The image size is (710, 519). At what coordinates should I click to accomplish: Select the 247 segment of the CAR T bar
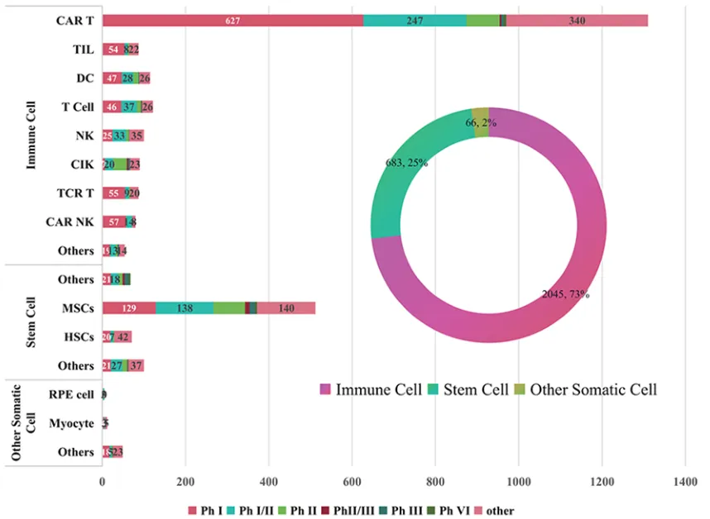tap(415, 21)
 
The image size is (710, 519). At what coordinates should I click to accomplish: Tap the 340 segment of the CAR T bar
tap(577, 21)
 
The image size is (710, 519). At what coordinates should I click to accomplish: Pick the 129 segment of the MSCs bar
tap(129, 308)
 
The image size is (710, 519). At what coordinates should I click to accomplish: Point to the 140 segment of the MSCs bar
tap(286, 308)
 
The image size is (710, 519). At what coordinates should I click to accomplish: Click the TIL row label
tap(83, 50)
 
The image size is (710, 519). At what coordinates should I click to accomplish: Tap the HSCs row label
tap(80, 337)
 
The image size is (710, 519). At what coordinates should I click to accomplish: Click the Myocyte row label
tap(71, 423)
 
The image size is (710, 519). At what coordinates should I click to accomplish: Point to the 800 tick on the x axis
tap(435, 480)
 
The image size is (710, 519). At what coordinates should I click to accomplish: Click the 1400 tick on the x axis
tap(684, 480)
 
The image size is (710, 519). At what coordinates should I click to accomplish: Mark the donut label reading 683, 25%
tap(406, 163)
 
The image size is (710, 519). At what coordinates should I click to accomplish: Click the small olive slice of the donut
tap(480, 116)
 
